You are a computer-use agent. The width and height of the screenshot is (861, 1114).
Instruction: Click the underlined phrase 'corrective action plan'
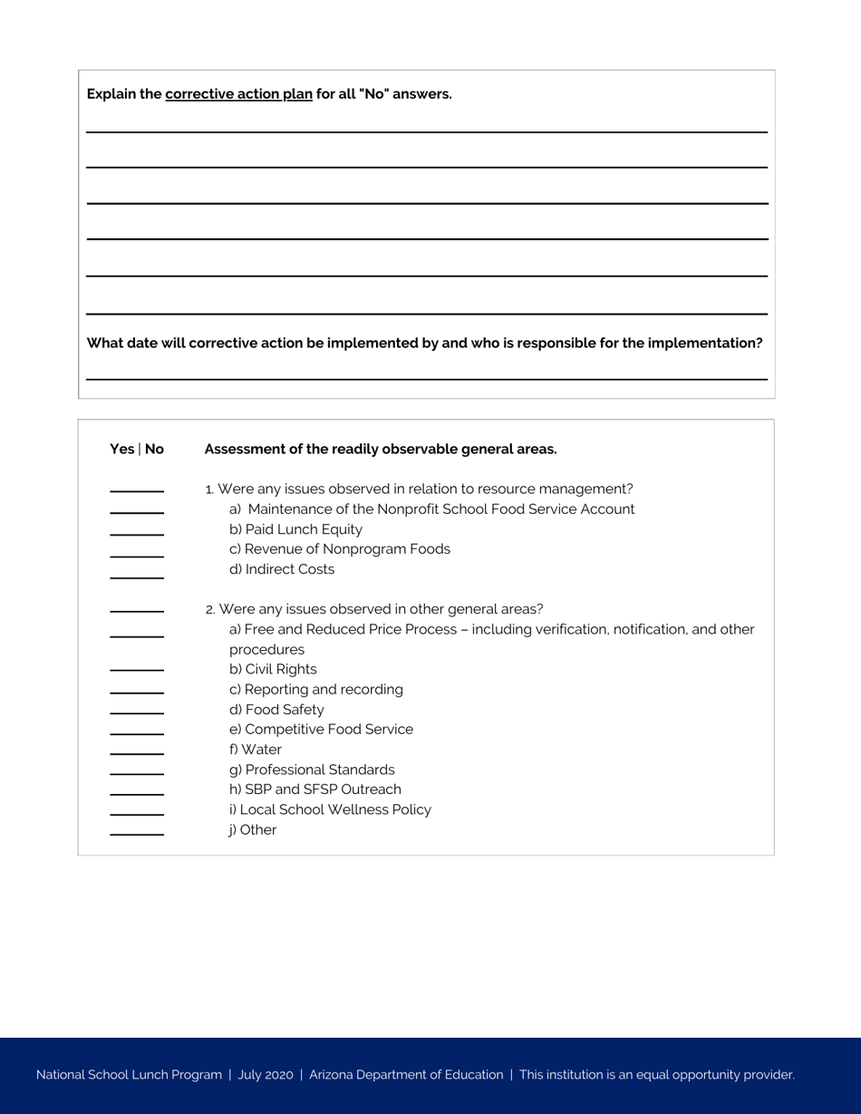click(238, 94)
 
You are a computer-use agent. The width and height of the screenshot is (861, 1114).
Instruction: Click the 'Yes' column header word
click(121, 449)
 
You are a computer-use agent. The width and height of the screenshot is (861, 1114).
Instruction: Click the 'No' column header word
click(154, 449)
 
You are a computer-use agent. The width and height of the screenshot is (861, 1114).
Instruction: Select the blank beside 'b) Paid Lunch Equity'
click(137, 533)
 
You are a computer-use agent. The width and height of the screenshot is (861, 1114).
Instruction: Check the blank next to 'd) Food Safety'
click(137, 712)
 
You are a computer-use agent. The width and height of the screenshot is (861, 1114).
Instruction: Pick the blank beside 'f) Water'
click(137, 752)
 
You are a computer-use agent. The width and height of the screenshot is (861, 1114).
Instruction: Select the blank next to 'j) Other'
click(137, 832)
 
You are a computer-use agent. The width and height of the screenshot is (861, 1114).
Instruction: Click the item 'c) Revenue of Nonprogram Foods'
click(339, 549)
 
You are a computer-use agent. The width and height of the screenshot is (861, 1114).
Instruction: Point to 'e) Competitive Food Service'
click(321, 730)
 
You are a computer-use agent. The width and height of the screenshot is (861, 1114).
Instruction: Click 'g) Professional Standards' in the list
click(312, 770)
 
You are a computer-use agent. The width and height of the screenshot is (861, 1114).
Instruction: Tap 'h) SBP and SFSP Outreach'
click(314, 789)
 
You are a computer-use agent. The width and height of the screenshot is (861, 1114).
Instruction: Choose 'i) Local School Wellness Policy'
click(330, 809)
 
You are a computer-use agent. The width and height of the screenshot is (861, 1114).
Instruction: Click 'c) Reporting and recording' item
click(315, 690)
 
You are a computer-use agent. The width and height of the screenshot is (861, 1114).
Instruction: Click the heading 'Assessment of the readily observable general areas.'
click(381, 449)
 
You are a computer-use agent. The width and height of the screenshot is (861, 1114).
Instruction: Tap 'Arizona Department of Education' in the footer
click(406, 1075)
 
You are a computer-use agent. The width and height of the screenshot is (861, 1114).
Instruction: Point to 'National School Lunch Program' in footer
click(129, 1075)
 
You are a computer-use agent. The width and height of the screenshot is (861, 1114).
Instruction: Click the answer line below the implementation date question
click(426, 378)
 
